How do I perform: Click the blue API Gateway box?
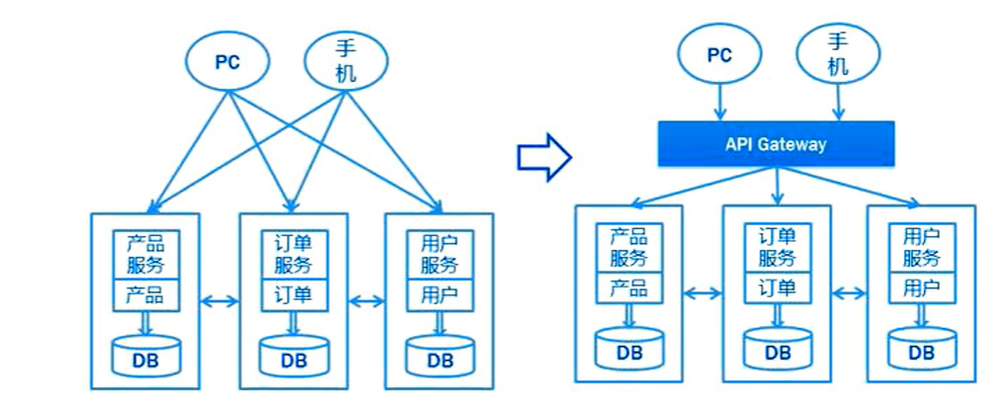pyautogui.click(x=776, y=143)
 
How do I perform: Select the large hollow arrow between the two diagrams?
pyautogui.click(x=544, y=155)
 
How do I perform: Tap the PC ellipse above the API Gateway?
pyautogui.click(x=719, y=55)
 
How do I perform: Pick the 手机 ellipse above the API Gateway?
pyautogui.click(x=838, y=53)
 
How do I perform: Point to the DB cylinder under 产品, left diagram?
pyautogui.click(x=146, y=357)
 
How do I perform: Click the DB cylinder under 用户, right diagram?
pyautogui.click(x=922, y=349)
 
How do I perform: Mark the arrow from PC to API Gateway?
pyautogui.click(x=720, y=101)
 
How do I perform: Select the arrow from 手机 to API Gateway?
pyautogui.click(x=838, y=101)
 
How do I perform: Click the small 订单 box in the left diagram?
pyautogui.click(x=293, y=294)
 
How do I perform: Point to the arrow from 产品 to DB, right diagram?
pyautogui.click(x=629, y=314)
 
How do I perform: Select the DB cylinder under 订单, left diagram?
pyautogui.click(x=293, y=357)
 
